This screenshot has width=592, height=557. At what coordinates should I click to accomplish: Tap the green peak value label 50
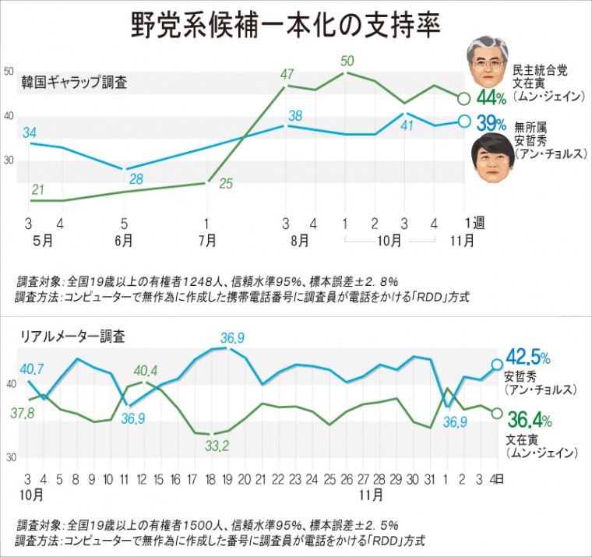coord(347,61)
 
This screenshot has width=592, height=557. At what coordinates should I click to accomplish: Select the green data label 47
coord(287,75)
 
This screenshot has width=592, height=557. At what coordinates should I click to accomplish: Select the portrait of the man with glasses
coord(486,65)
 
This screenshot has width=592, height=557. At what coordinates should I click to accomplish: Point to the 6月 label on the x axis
coord(123,241)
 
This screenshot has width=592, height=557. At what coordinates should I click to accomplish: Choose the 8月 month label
coord(299,241)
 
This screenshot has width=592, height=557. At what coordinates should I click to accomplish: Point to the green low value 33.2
coord(215,446)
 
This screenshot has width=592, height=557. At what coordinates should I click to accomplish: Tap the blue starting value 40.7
coord(32,368)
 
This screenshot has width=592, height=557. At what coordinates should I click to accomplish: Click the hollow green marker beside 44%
coord(463,98)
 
